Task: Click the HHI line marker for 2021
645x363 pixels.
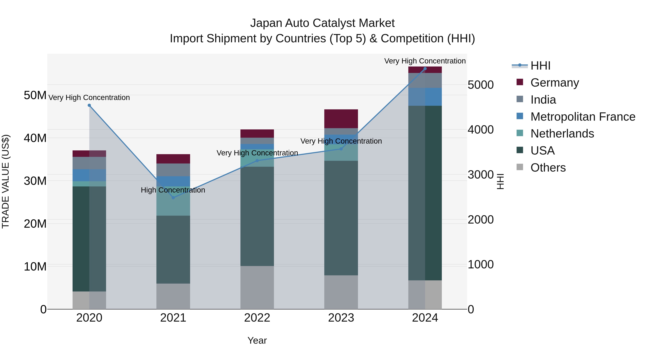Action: point(173,198)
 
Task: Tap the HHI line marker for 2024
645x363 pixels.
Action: point(425,69)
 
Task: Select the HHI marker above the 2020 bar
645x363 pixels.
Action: point(89,105)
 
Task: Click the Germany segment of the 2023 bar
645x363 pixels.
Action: point(341,119)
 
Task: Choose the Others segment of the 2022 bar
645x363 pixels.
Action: point(257,287)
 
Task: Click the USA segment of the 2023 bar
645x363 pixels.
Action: point(341,218)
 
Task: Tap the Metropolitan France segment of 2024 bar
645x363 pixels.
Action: point(425,97)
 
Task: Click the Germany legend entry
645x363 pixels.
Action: point(554,83)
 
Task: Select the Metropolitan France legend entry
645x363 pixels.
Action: point(582,117)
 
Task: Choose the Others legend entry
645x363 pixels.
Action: point(548,168)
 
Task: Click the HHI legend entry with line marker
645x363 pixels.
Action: point(540,66)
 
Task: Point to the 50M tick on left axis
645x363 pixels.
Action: point(35,95)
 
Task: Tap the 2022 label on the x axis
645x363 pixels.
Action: point(257,318)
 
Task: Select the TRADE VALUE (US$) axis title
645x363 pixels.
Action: point(6,181)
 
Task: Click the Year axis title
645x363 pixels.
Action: point(257,340)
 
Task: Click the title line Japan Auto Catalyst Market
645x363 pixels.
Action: point(322,23)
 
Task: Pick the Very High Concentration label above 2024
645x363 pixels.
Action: point(425,61)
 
